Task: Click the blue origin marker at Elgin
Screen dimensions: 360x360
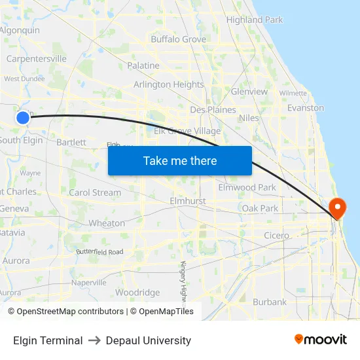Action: (x=23, y=118)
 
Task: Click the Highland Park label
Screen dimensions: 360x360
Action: (x=255, y=20)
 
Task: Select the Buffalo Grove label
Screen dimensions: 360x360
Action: (x=178, y=39)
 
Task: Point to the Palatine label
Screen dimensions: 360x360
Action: (x=143, y=65)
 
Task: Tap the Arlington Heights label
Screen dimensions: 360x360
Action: (x=169, y=84)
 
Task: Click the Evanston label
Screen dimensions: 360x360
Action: (x=306, y=108)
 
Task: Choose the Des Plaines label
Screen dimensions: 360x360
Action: (x=213, y=109)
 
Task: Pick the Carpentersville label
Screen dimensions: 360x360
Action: (x=36, y=58)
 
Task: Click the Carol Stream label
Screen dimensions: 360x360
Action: (x=95, y=192)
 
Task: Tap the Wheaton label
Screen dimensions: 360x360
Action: (x=107, y=223)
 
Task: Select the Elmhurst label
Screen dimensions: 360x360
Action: (x=187, y=201)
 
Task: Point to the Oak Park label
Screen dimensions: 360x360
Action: (x=260, y=208)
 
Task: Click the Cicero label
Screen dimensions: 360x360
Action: (x=276, y=235)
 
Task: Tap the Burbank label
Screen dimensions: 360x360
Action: (x=270, y=302)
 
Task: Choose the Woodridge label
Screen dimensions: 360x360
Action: (x=137, y=293)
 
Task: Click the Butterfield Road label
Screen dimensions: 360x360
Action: (x=99, y=251)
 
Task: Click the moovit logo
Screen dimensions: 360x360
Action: (x=321, y=339)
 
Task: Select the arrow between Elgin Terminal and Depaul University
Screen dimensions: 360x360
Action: (x=94, y=340)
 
